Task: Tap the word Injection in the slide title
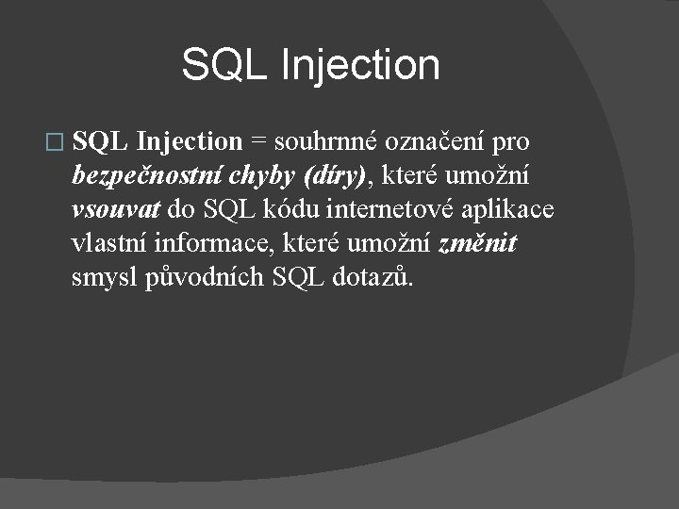[360, 65]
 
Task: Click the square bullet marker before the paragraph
[55, 143]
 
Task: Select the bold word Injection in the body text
[190, 141]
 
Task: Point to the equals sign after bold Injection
[257, 142]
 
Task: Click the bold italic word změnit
[477, 244]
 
